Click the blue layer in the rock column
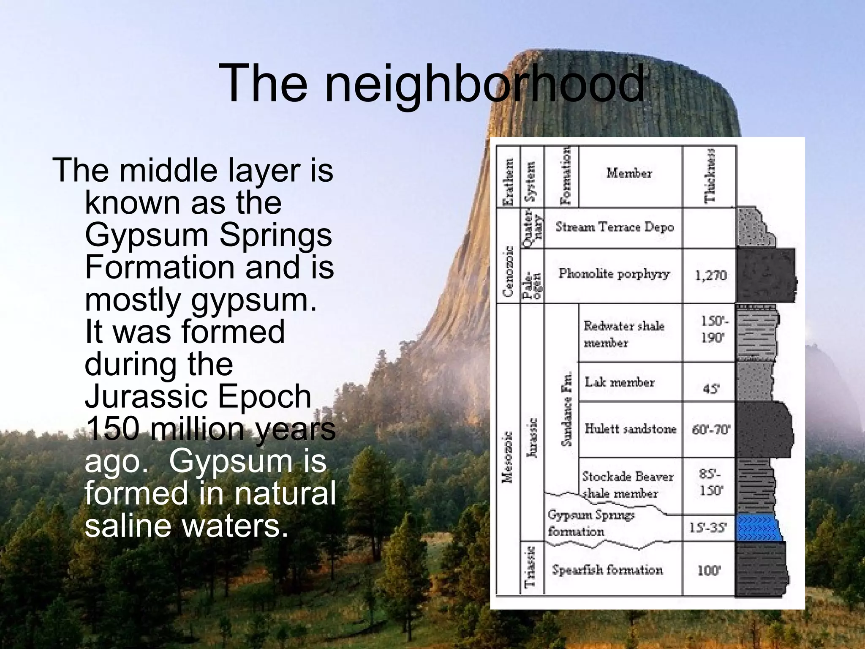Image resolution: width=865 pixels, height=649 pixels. tap(758, 528)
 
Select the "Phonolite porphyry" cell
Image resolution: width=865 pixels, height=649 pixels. tap(614, 274)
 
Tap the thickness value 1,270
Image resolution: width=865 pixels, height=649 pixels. tap(711, 275)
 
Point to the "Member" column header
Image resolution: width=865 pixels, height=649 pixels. tap(629, 173)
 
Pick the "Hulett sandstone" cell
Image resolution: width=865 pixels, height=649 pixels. tap(630, 429)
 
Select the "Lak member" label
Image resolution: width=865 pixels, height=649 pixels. tap(619, 382)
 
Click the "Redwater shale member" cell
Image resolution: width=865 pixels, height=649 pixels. tap(623, 334)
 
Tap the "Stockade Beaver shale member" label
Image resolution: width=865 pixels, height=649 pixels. tap(627, 484)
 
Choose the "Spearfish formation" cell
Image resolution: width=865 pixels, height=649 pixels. tap(607, 570)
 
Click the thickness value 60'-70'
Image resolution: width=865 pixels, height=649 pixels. tap(711, 430)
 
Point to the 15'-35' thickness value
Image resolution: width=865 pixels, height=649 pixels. tap(708, 528)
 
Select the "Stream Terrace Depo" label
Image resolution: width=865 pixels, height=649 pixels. tap(615, 227)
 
